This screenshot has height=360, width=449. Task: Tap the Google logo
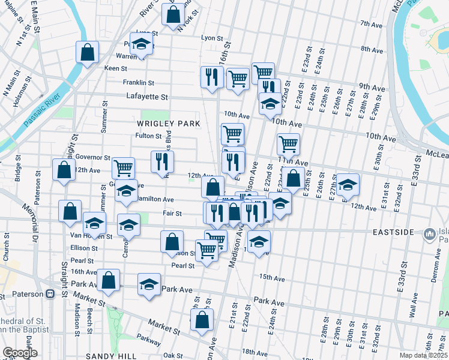(20, 353)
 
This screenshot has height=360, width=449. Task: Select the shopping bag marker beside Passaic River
(87, 52)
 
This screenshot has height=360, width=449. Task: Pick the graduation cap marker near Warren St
(142, 45)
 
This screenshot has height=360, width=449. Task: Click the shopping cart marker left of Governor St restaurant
(123, 168)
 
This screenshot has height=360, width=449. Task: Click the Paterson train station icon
(50, 294)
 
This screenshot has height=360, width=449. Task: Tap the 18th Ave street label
(255, 352)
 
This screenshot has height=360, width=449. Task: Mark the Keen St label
(113, 68)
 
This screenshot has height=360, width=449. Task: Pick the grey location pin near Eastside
(429, 233)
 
